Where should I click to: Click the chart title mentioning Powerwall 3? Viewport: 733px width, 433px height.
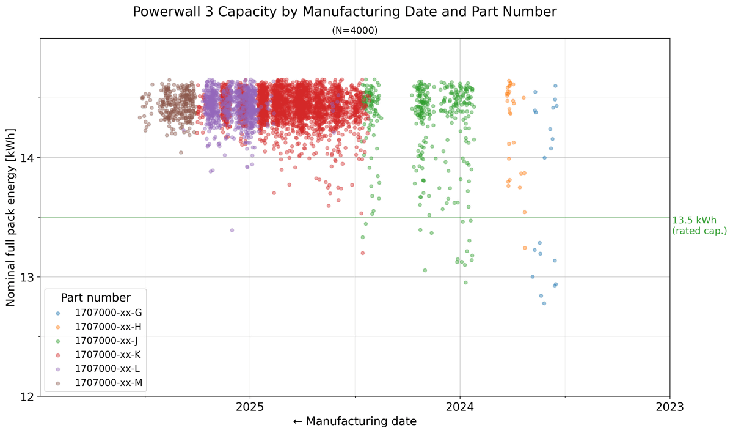(x=345, y=12)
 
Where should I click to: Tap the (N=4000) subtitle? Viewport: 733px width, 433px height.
(x=355, y=31)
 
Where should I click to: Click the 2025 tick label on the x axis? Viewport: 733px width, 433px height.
(x=250, y=407)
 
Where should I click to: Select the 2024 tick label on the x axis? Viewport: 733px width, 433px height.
(x=460, y=407)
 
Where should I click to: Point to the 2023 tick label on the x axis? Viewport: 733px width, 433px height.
(x=670, y=407)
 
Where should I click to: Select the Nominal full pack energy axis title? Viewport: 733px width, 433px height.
(x=11, y=217)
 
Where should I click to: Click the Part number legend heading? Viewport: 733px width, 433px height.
(x=95, y=298)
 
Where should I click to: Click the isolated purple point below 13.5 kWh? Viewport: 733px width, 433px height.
(x=232, y=230)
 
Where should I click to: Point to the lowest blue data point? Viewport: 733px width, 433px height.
(x=544, y=303)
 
